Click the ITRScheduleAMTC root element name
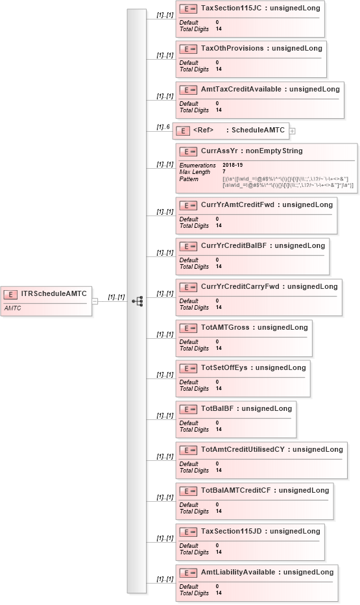pos(54,293)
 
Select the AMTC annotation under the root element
pos(13,308)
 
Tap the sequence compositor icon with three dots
pos(137,301)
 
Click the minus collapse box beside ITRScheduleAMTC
pos(95,301)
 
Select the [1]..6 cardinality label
pos(163,127)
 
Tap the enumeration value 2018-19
pos(233,166)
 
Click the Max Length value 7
pos(224,172)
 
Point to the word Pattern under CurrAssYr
pos(189,179)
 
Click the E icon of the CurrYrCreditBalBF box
pos(188,247)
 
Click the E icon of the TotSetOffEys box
pos(188,369)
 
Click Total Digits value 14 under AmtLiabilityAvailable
pos(219,593)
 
